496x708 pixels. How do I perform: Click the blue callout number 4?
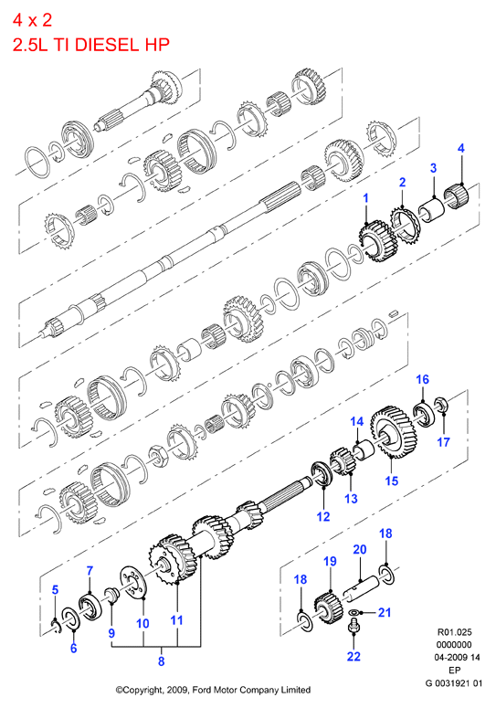pos(460,148)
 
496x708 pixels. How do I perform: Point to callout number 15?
pos(391,481)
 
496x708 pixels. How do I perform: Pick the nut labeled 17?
pos(441,404)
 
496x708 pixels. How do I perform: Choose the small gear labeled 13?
pos(343,460)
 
